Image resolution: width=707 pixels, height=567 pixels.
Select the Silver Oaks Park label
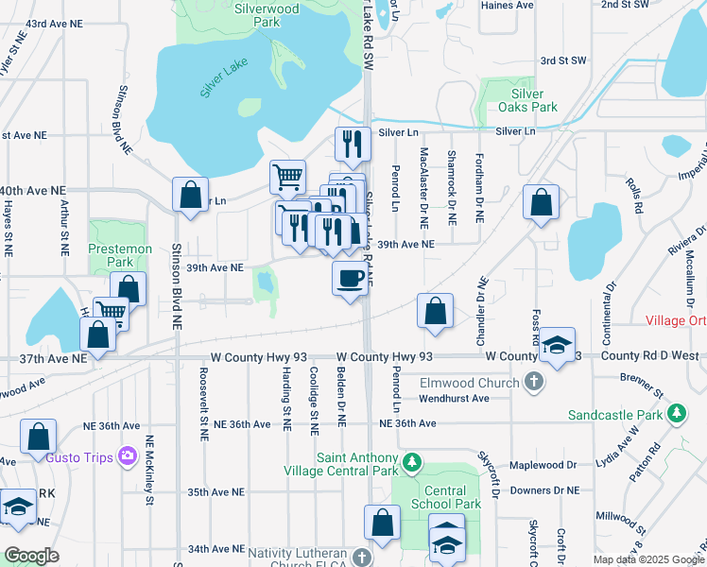[x=527, y=100]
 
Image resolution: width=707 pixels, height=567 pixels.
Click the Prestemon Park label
[x=119, y=255]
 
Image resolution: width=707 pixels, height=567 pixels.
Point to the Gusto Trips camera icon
[x=128, y=457]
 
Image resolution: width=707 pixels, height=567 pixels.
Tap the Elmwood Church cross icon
[x=533, y=383]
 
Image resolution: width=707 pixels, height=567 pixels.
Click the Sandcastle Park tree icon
[x=676, y=414]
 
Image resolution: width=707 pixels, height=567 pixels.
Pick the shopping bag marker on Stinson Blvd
[x=191, y=196]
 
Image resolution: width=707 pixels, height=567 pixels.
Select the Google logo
[x=31, y=556]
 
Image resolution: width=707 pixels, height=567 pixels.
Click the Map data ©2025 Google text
[x=647, y=559]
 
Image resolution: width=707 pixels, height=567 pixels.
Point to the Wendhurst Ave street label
[x=456, y=398]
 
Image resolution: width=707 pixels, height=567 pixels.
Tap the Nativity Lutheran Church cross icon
[x=361, y=558]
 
